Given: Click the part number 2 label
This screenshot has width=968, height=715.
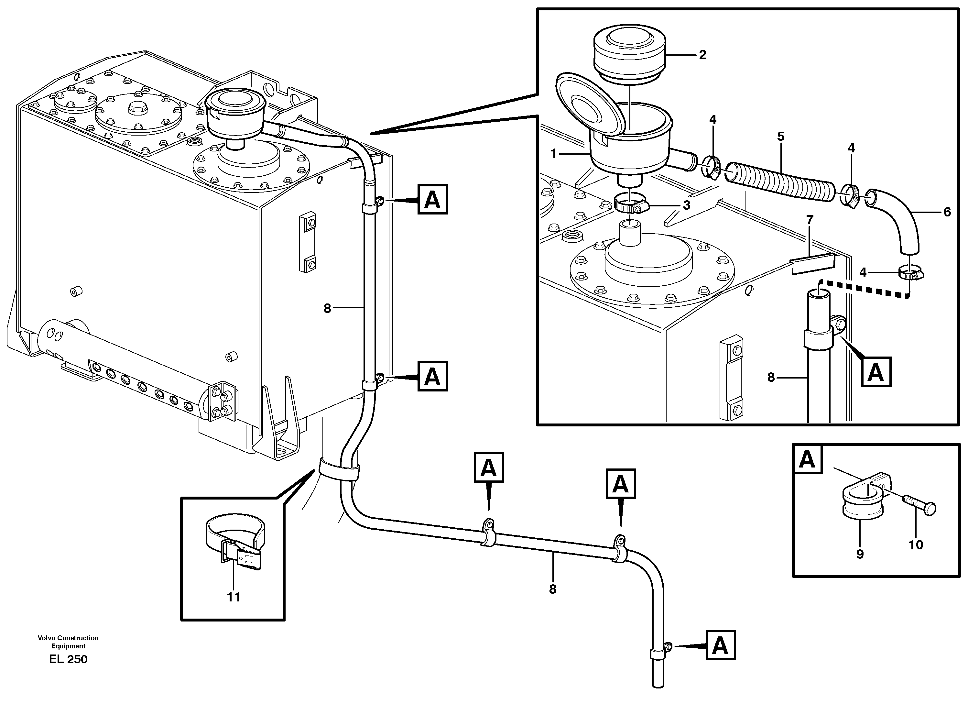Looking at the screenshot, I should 702,55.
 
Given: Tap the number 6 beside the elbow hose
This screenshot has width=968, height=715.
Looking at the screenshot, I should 947,212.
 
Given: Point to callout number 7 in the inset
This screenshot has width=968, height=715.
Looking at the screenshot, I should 810,220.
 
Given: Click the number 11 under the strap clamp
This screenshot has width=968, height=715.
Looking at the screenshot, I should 234,597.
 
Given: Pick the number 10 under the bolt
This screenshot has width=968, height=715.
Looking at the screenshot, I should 916,545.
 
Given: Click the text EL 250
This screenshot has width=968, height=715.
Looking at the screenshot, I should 68,660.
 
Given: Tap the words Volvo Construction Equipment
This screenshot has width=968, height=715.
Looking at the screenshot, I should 68,642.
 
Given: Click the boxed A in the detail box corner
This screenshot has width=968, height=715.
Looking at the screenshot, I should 807,459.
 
